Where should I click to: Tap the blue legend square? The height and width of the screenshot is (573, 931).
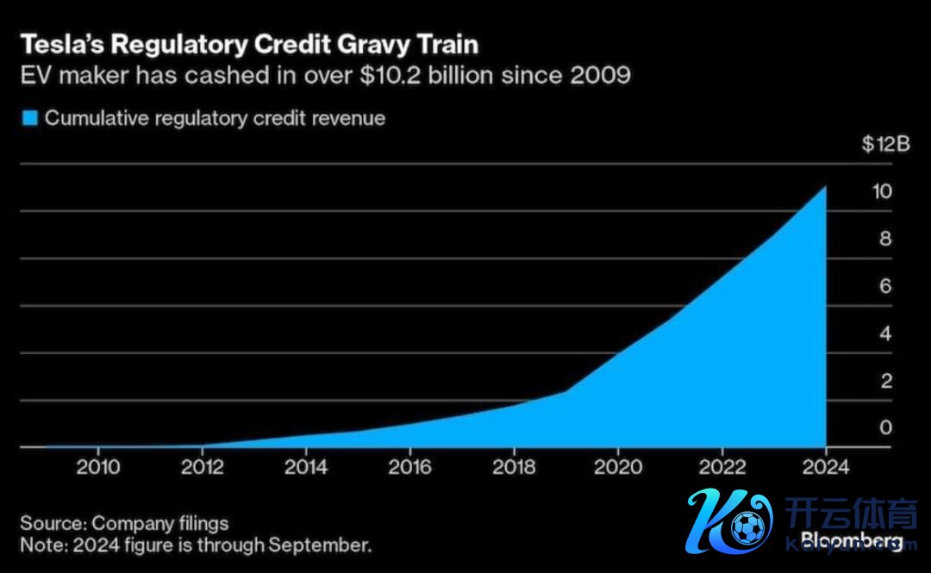pos(30,119)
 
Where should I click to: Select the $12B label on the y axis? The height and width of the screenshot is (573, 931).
pos(885,144)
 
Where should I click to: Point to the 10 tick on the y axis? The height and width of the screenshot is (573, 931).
pos(880,191)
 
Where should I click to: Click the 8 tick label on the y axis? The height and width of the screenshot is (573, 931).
pos(884,239)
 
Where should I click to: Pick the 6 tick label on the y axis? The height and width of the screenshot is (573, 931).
pos(884,286)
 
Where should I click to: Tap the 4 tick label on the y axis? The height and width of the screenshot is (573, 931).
pos(884,333)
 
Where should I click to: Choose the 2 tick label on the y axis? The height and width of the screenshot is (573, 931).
pos(884,381)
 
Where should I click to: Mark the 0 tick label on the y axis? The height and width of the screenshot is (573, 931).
pos(884,428)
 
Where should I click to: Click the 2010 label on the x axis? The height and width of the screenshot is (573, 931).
pos(98,467)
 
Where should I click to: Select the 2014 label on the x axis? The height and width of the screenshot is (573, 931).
pos(306,467)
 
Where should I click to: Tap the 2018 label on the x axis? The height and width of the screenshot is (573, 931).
pos(514,467)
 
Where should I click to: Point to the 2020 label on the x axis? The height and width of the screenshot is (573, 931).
pos(618,467)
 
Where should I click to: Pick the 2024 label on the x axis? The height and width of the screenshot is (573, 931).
pos(826,467)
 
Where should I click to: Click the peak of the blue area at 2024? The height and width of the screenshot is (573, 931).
pos(825,188)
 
